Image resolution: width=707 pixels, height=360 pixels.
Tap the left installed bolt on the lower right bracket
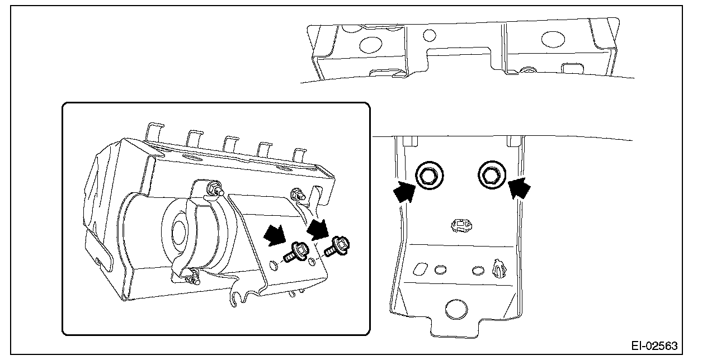(x=430, y=175)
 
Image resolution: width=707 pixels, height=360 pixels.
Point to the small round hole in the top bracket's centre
(x=429, y=35)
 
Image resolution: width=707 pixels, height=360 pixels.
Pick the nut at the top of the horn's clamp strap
(x=213, y=188)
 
